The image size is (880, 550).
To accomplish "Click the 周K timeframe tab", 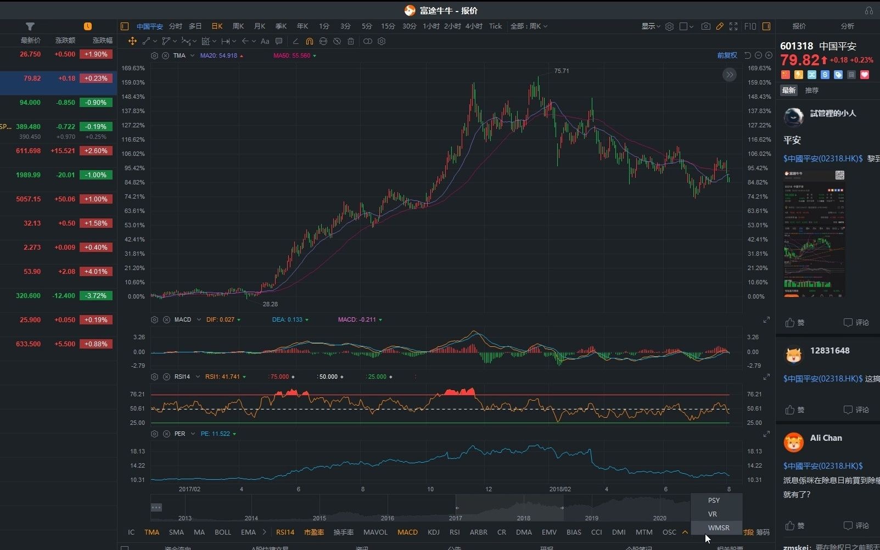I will [238, 26].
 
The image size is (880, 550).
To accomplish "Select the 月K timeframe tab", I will [259, 26].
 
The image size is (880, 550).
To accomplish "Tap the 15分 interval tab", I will [388, 26].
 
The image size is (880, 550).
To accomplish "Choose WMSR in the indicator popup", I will [718, 527].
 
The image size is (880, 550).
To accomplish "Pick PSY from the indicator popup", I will [713, 500].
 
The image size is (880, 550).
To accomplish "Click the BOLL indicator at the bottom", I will [222, 532].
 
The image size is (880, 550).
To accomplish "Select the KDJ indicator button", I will [433, 532].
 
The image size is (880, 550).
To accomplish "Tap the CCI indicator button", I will [596, 532].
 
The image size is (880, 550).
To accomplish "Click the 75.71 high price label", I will [562, 71].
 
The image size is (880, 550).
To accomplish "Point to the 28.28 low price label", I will [270, 304].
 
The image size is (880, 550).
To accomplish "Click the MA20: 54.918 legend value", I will [218, 55].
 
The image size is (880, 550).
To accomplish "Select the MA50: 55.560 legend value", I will [292, 55].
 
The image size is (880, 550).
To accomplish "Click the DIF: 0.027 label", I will [220, 319].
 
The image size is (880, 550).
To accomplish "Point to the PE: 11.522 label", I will [215, 434].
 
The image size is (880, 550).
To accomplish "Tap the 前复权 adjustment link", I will [727, 55].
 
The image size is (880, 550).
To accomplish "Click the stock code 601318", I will [796, 46].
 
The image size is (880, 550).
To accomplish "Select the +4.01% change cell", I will [96, 272].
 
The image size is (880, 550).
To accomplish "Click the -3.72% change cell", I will [96, 296].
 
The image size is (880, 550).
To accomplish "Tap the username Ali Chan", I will [826, 438].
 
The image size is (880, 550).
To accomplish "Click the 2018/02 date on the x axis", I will [560, 489].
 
